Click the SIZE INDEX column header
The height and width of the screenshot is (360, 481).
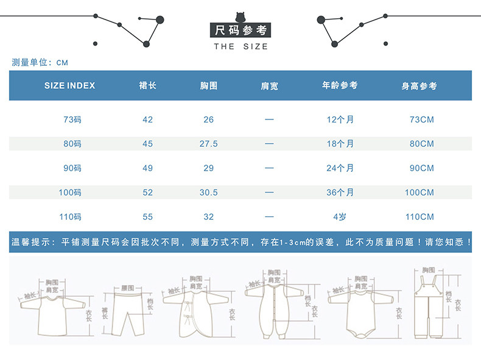70,86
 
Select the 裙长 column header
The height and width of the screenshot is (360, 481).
148,86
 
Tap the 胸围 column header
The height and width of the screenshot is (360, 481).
209,86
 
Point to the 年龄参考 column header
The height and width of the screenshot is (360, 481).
340,86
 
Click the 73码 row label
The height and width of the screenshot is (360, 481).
72,119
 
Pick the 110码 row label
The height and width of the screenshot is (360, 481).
71,217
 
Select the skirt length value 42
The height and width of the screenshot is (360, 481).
148,119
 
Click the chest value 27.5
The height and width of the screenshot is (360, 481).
209,144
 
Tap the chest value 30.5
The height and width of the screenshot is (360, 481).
209,192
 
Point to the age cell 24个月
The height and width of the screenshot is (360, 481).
340,168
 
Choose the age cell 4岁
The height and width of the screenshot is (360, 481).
340,217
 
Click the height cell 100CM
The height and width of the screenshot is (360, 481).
420,192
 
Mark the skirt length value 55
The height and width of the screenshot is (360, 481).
148,217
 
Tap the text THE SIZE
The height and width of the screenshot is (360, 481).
240,47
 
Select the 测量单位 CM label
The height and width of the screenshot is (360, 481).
40,62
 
